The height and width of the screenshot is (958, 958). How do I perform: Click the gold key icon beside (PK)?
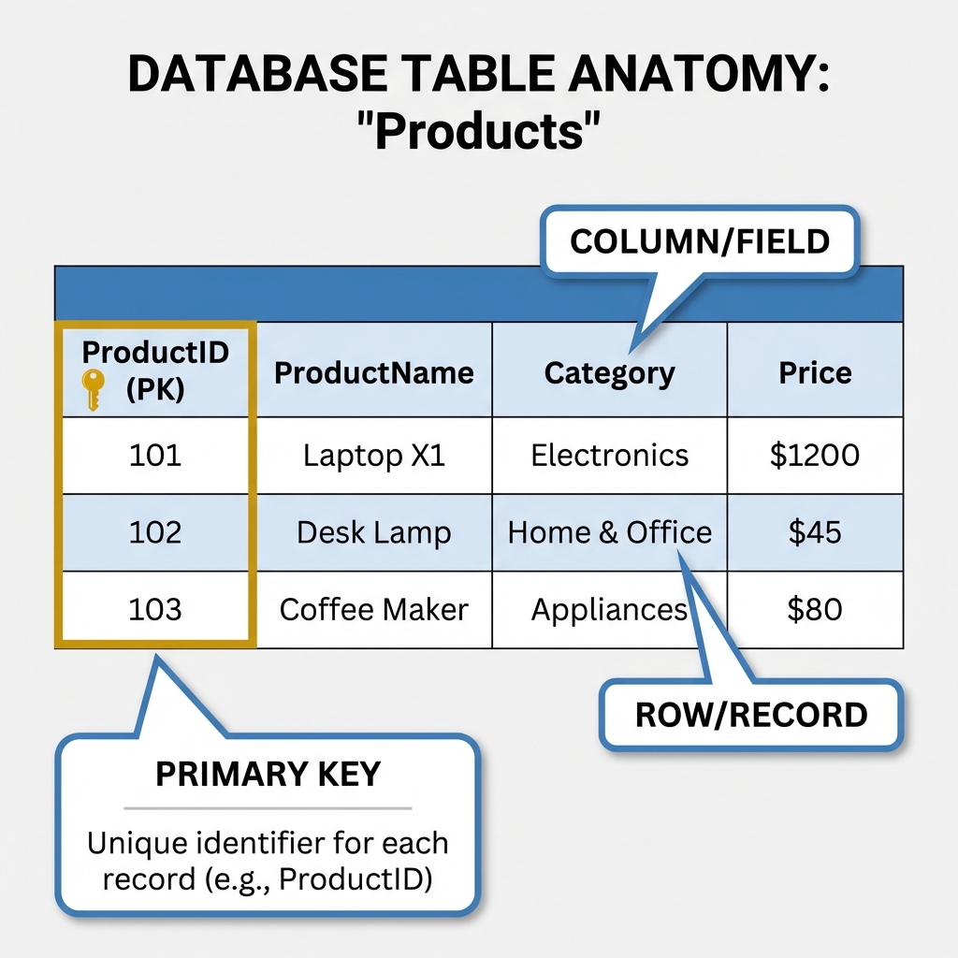click(92, 388)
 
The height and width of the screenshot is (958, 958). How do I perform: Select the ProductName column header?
click(373, 373)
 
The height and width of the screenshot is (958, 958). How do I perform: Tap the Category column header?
click(609, 373)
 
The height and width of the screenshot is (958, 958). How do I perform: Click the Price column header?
click(815, 373)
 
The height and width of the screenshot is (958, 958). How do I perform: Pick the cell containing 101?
click(155, 456)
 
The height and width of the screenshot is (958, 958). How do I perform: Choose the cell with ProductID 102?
click(155, 532)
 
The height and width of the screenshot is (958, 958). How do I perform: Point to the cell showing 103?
click(155, 609)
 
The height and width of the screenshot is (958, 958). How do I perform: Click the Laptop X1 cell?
click(373, 456)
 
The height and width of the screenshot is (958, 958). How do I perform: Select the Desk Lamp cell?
click(373, 532)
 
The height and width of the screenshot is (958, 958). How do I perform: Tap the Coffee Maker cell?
click(373, 609)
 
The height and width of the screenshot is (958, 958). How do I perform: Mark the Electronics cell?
click(609, 456)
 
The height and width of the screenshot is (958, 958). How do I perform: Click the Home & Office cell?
click(609, 532)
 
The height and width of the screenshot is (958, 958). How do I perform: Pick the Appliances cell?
click(609, 610)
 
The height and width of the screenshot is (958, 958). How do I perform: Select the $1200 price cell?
click(815, 456)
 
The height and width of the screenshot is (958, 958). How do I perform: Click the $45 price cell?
click(815, 532)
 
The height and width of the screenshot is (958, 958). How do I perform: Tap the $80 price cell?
click(815, 609)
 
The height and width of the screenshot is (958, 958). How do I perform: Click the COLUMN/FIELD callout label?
click(700, 241)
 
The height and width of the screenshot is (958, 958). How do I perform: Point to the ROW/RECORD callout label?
click(751, 716)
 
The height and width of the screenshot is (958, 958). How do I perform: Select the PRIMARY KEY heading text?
click(268, 775)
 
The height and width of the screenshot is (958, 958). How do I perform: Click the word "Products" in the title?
click(478, 133)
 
